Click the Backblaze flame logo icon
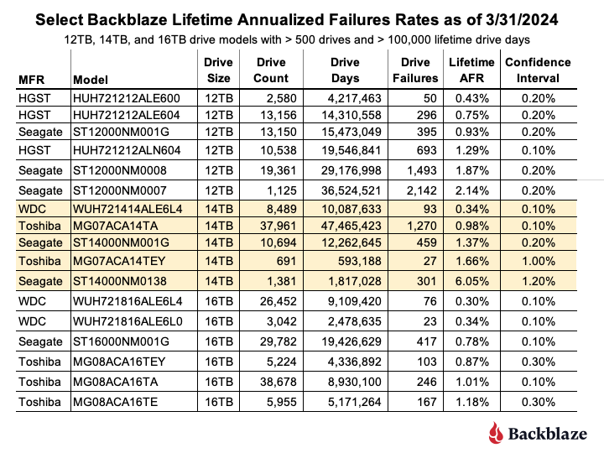(x=496, y=433)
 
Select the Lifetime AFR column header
(x=471, y=70)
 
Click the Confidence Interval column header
(x=538, y=70)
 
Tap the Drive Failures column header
(x=415, y=70)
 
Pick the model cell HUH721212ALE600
(x=127, y=98)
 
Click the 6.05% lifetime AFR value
(x=471, y=281)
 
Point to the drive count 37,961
(x=279, y=226)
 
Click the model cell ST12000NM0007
(x=120, y=190)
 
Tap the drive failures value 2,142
(x=422, y=190)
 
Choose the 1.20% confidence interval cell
(x=538, y=281)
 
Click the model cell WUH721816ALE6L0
(x=128, y=321)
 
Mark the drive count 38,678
(x=279, y=382)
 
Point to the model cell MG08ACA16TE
(x=116, y=402)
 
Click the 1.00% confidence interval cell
(x=538, y=261)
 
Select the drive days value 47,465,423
(x=351, y=226)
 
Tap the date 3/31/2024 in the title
(x=522, y=19)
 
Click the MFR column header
(x=32, y=80)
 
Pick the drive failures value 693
(x=427, y=150)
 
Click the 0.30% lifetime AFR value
(x=471, y=301)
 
